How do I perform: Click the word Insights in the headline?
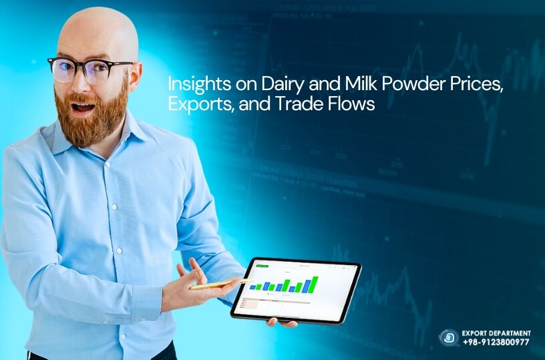190,86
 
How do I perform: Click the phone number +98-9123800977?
496,342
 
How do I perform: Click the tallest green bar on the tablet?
315,283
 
